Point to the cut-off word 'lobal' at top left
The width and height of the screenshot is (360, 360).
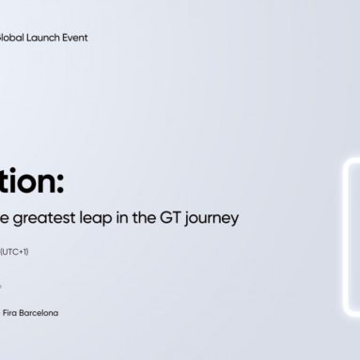(12, 39)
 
